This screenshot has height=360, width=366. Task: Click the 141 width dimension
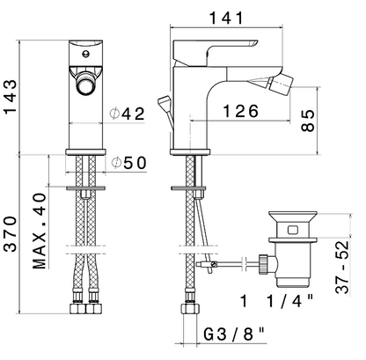point(226,18)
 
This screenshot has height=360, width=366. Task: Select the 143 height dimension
point(10,97)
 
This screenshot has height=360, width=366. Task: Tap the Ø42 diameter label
point(127,114)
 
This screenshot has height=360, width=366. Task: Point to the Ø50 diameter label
point(128,163)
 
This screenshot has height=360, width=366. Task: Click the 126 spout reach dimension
point(241,111)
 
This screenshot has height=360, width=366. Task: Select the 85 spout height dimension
point(308,121)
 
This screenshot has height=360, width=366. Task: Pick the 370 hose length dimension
point(10,234)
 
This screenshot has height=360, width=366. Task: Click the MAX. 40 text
point(40,231)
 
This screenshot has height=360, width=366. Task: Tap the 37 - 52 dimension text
point(342,267)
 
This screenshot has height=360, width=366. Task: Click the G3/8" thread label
point(234,334)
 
